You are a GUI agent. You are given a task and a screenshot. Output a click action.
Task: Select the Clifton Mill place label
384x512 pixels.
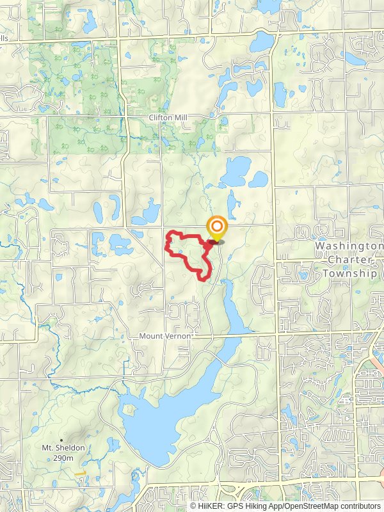[166, 118]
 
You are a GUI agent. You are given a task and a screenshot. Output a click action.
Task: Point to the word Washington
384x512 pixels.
[348, 246]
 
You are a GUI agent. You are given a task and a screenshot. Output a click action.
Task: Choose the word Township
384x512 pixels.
[351, 273]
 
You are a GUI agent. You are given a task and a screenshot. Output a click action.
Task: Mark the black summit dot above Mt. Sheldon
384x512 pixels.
[61, 440]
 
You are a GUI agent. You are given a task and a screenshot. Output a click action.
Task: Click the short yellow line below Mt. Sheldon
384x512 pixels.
[80, 474]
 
